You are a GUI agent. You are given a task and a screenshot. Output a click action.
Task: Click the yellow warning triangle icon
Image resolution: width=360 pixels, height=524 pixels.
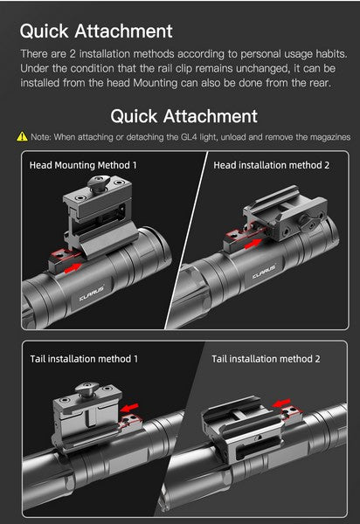(x=22, y=136)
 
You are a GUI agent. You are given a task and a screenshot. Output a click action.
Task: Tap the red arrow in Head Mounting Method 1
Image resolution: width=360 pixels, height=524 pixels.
(x=73, y=268)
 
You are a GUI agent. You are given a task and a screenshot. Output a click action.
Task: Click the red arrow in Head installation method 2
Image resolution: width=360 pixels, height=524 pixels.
(x=253, y=244)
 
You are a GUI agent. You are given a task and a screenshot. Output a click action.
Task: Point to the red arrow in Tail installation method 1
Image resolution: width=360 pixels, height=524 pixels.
(x=129, y=407)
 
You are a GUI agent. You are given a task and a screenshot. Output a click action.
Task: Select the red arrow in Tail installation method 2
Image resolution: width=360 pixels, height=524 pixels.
(x=281, y=403)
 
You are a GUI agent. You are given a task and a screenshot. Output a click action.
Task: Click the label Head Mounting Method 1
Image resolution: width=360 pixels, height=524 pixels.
(x=83, y=165)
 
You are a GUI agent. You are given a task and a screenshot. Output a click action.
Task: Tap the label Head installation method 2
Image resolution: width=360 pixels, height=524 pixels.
(x=272, y=165)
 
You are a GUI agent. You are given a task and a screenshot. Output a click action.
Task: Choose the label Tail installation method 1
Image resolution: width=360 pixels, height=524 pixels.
(x=84, y=359)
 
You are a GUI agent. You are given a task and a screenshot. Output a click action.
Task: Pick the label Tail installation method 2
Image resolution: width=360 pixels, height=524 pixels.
(x=266, y=359)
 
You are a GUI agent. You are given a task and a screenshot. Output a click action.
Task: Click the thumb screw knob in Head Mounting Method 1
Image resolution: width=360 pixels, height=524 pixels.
(x=97, y=183)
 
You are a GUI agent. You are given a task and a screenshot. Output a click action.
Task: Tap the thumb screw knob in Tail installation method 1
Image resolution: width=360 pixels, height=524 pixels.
(x=87, y=390)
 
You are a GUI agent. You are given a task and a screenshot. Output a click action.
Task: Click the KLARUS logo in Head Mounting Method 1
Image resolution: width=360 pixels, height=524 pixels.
(x=92, y=293)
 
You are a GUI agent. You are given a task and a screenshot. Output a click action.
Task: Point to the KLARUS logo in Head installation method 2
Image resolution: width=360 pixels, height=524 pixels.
(x=264, y=272)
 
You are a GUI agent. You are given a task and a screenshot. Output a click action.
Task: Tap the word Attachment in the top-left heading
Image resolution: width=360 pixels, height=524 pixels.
(x=124, y=31)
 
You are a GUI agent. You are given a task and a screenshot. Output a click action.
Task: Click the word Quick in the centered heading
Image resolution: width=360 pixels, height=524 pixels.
(x=134, y=116)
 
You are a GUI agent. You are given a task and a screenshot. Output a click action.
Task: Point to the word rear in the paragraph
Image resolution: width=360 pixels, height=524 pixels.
(x=319, y=83)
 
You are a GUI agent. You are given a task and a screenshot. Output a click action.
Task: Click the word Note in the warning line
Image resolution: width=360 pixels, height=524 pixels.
(x=40, y=137)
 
